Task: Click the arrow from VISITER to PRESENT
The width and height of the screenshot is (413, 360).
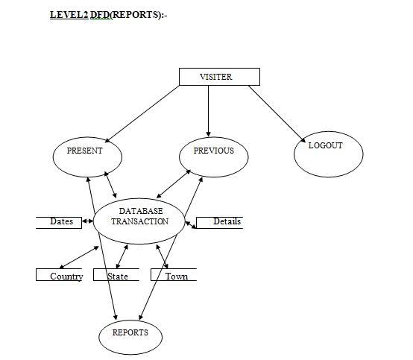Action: click(x=142, y=114)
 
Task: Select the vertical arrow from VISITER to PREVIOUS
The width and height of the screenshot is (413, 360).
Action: click(x=208, y=111)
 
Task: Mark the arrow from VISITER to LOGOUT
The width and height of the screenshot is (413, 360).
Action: click(x=277, y=114)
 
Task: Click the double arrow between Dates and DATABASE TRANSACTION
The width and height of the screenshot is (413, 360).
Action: click(x=87, y=221)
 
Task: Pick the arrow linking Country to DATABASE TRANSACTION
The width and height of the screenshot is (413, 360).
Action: click(x=79, y=257)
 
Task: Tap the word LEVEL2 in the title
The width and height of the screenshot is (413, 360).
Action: click(x=69, y=15)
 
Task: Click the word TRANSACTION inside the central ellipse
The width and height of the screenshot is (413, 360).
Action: click(x=139, y=221)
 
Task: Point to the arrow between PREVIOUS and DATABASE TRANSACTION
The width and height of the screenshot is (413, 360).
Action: click(x=174, y=184)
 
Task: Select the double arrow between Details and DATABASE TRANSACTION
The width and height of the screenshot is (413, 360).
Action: click(x=191, y=224)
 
